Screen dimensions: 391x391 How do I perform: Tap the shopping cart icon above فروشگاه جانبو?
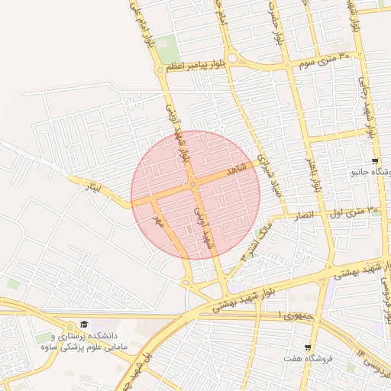374,161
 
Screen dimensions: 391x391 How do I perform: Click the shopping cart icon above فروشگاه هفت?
308,347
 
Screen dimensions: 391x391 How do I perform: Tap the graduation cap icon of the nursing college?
84,325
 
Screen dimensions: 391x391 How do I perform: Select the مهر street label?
159,221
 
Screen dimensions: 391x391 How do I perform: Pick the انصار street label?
303,216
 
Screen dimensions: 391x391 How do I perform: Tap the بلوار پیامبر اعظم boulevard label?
197,69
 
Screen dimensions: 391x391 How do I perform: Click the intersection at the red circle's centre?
195,185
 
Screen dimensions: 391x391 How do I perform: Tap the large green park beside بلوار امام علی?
169,48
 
